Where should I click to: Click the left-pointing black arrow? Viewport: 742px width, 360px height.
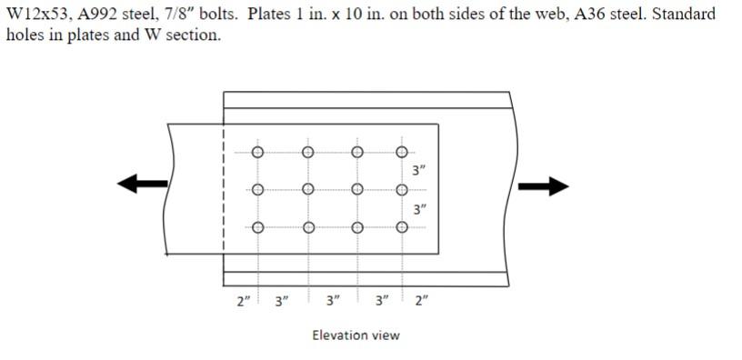tap(142, 185)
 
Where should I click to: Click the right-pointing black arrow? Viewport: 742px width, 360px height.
tap(543, 186)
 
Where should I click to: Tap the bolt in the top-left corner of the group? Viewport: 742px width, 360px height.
tap(257, 152)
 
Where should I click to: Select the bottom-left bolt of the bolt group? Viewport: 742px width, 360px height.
tap(257, 227)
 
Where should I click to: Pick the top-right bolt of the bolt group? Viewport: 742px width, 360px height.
tap(401, 152)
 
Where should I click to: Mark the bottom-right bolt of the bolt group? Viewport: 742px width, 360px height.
tap(401, 227)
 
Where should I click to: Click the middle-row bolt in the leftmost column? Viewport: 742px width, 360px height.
tap(257, 190)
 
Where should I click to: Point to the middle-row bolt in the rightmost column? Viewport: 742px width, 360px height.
tap(401, 190)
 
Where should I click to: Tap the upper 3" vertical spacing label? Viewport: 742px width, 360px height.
tap(418, 171)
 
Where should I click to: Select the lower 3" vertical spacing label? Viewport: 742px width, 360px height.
tap(418, 209)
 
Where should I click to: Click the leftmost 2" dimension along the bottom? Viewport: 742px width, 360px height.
tap(242, 301)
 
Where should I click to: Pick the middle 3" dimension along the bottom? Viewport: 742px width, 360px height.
tap(333, 301)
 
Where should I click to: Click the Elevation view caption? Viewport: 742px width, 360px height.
tap(356, 335)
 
